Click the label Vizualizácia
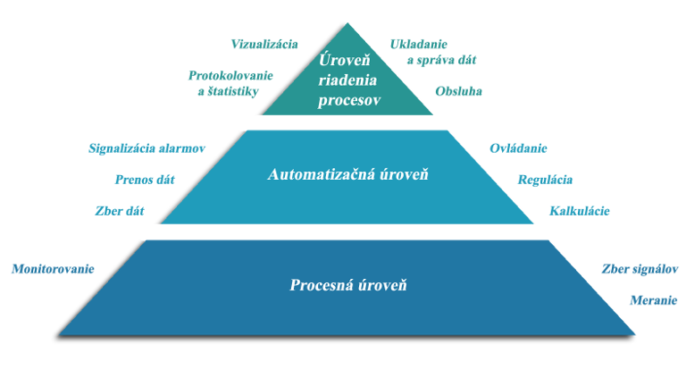point(264,44)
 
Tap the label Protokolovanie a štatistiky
point(231,82)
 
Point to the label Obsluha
point(458,91)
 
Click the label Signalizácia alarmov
point(148,147)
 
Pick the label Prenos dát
point(144,179)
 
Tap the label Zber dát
point(119,211)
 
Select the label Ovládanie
point(518,147)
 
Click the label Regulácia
point(545,179)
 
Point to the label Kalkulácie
point(580,211)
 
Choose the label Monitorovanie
point(52,268)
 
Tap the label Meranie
point(652,300)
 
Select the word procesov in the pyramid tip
point(349,100)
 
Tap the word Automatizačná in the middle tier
point(321,175)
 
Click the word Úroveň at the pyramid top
point(348,61)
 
